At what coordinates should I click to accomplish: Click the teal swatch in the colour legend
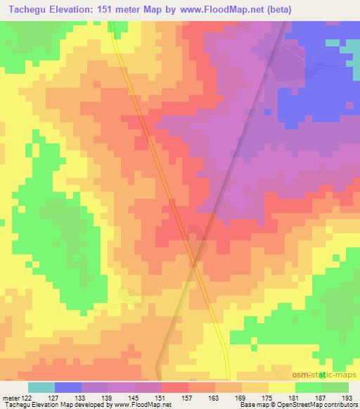(41, 387)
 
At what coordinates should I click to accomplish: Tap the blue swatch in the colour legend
(68, 387)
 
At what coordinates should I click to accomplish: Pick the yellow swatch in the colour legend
(282, 387)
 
